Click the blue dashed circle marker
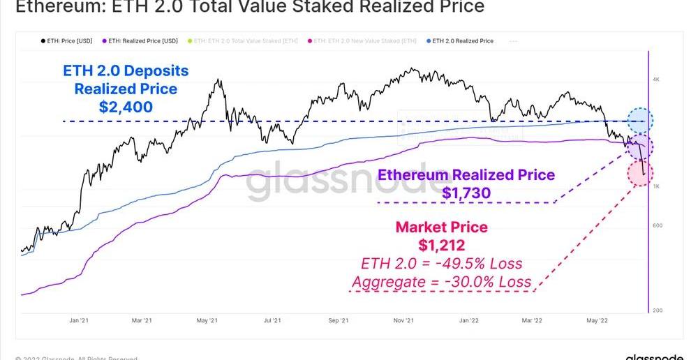[639, 121]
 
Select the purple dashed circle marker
[639, 147]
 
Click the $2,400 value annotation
[126, 107]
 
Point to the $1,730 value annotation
[466, 193]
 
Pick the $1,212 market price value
[441, 246]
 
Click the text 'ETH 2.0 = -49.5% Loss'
[441, 264]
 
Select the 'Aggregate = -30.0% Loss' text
[441, 282]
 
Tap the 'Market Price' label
[441, 227]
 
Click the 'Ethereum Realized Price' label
[466, 175]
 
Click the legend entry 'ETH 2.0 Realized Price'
[463, 41]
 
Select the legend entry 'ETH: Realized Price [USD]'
[140, 41]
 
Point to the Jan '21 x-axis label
[78, 321]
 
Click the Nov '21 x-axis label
[404, 321]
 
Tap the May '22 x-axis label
[596, 321]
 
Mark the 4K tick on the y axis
[655, 80]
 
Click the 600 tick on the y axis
[657, 225]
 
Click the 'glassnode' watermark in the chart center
[345, 183]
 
